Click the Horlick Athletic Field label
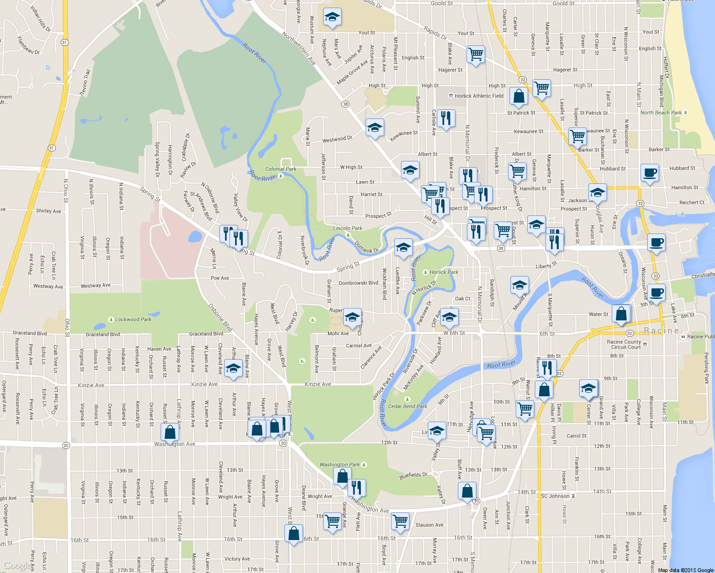[x=479, y=96]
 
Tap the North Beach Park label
[x=661, y=113]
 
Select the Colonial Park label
[x=281, y=169]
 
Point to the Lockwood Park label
[x=133, y=319]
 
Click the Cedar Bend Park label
[x=408, y=406]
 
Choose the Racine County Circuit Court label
[x=624, y=344]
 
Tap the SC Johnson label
[x=555, y=496]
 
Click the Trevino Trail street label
[x=85, y=82]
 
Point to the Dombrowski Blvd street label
[x=358, y=283]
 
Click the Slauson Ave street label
[x=429, y=525]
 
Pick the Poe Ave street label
[x=220, y=278]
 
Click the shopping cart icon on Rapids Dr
[x=476, y=54]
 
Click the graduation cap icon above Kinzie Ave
[x=233, y=369]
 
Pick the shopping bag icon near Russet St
[x=170, y=432]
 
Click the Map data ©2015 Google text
[x=685, y=570]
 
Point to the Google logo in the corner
[x=17, y=566]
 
